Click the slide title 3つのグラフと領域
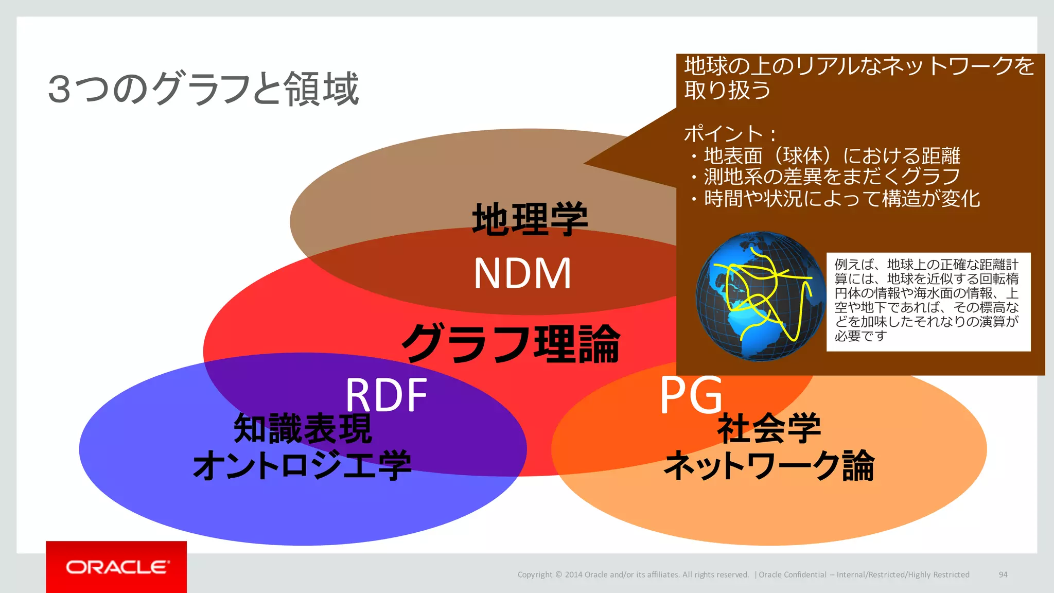point(203,89)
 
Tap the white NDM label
point(522,273)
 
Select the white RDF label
point(386,395)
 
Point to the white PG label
point(691,395)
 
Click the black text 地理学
point(530,219)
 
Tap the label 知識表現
point(303,429)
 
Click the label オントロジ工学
point(302,465)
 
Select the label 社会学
point(769,429)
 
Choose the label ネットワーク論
point(769,465)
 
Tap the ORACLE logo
point(117,567)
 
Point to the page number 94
point(1003,574)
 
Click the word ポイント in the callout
point(723,134)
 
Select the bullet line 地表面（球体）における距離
point(832,155)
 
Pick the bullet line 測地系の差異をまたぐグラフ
point(832,177)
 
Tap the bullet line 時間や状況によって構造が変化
point(841,198)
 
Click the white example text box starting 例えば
point(928,301)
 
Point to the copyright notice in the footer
point(633,574)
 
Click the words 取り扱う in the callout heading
point(727,90)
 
